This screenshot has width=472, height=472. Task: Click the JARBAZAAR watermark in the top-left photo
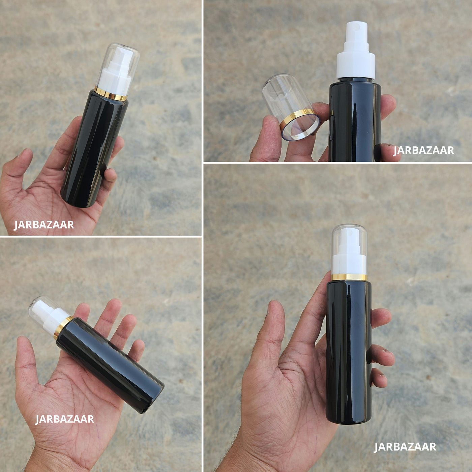tap(44, 225)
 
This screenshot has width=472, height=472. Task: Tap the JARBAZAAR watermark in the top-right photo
tap(423, 150)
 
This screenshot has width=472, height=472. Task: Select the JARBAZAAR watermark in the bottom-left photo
tap(64, 419)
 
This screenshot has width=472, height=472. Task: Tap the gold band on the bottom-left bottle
tap(63, 327)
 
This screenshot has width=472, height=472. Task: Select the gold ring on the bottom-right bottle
tap(349, 277)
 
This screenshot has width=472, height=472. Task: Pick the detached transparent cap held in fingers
tap(291, 108)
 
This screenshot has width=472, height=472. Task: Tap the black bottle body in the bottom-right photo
tap(349, 353)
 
